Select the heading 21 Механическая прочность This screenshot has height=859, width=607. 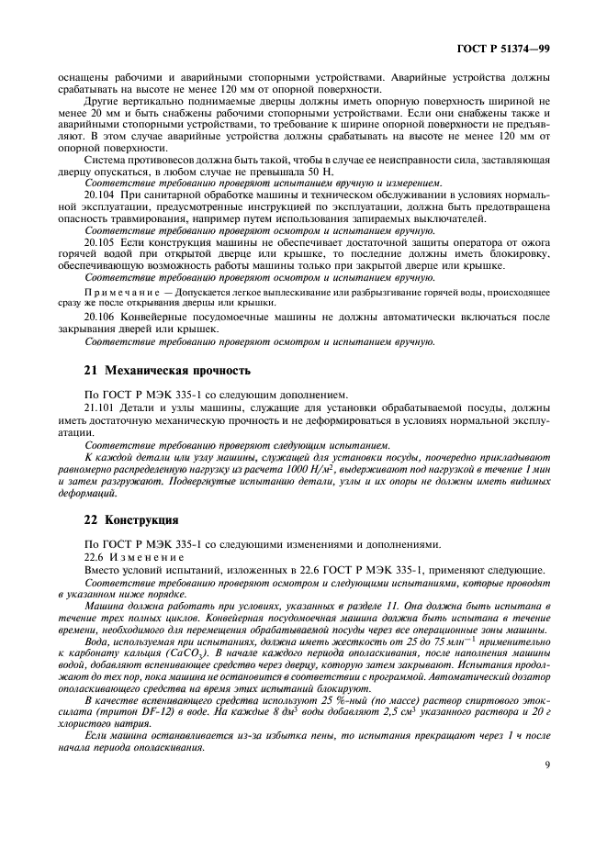click(166, 371)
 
